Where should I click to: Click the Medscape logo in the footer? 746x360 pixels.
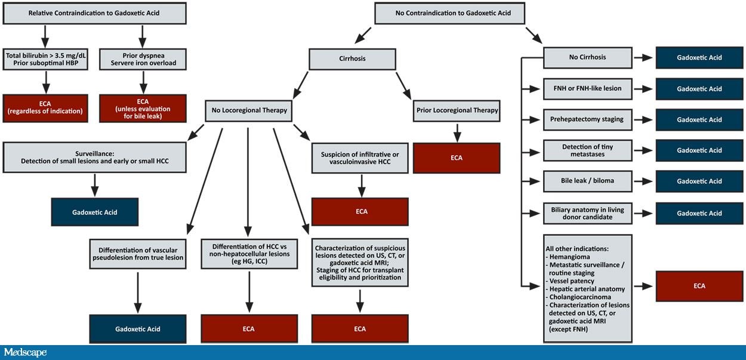pyautogui.click(x=25, y=352)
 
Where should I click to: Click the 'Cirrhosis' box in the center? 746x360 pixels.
pyautogui.click(x=352, y=59)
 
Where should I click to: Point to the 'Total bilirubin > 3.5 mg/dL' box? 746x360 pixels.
pyautogui.click(x=45, y=59)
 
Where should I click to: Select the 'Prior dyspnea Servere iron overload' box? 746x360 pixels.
pyautogui.click(x=142, y=59)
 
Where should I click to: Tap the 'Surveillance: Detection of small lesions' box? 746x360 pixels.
pyautogui.click(x=95, y=156)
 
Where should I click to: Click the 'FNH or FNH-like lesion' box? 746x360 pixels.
pyautogui.click(x=587, y=88)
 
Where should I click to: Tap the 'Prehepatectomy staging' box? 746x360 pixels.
pyautogui.click(x=587, y=119)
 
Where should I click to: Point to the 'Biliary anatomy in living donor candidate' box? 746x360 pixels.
pyautogui.click(x=587, y=213)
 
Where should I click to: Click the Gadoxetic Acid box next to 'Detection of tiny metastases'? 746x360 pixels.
pyautogui.click(x=699, y=150)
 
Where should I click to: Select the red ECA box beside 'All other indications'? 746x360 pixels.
pyautogui.click(x=699, y=286)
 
